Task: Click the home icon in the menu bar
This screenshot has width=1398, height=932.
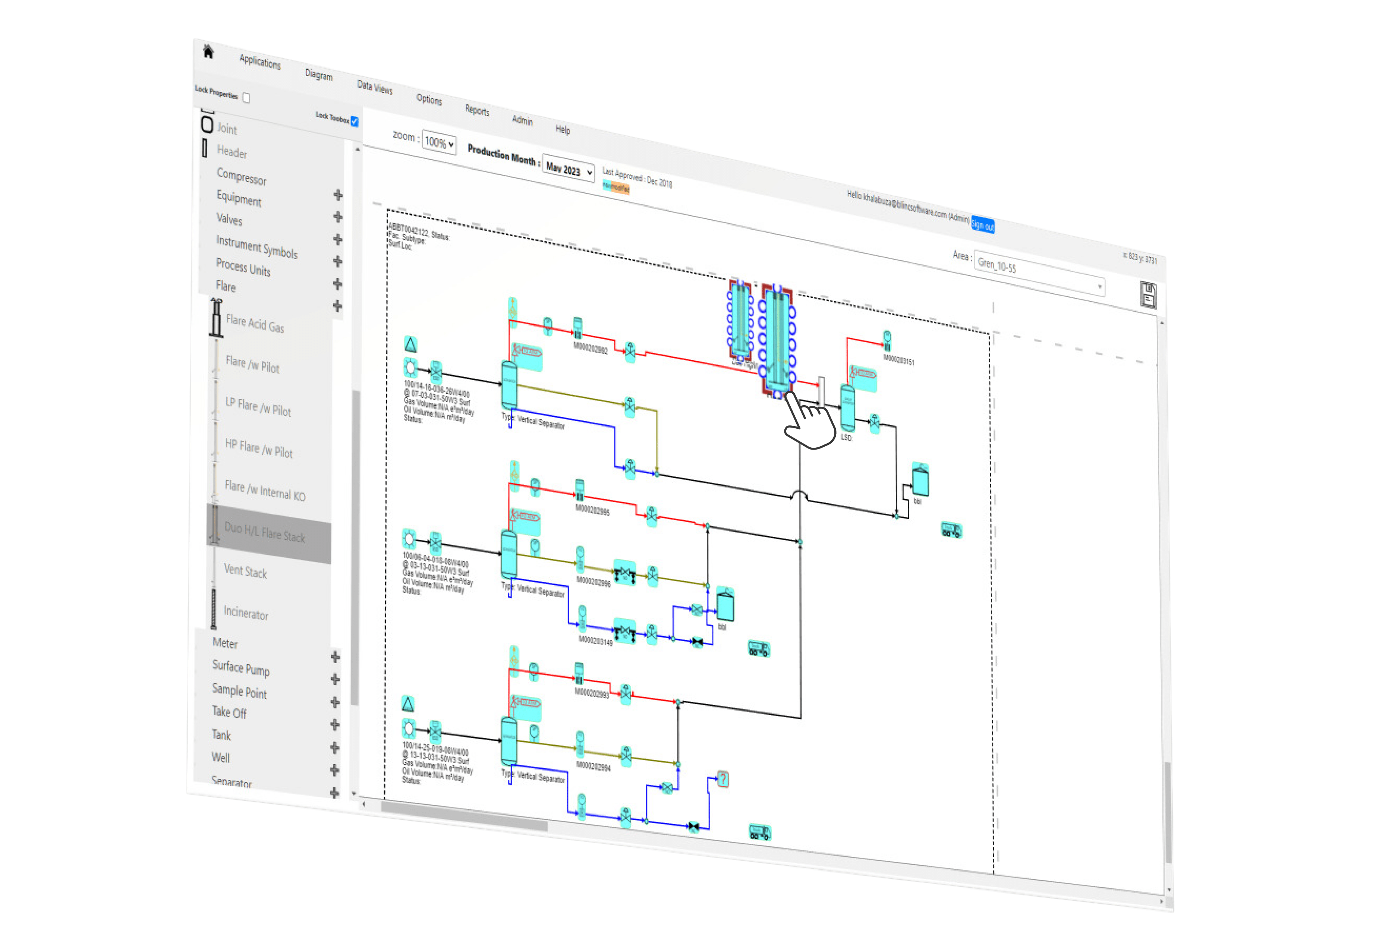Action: click(x=208, y=52)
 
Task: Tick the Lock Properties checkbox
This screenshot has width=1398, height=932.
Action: click(x=246, y=98)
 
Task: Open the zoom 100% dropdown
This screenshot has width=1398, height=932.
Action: click(x=439, y=143)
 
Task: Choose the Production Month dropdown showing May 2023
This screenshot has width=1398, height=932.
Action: click(x=568, y=171)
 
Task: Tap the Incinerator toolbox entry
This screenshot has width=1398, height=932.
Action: click(x=245, y=613)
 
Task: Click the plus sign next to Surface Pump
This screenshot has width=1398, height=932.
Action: click(x=335, y=679)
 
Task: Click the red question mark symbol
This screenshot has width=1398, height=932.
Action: click(x=723, y=779)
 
